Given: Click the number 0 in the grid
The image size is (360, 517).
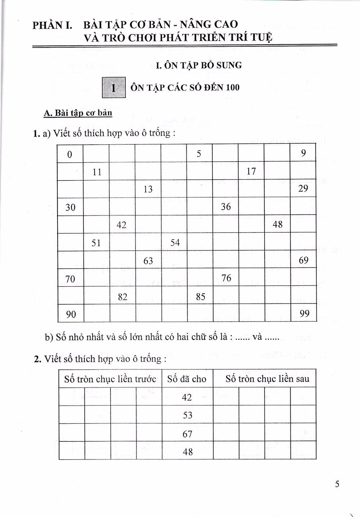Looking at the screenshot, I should tap(69, 154).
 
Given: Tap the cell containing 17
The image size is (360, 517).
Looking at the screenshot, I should tap(251, 171).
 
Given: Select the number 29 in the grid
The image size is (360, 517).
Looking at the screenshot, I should tap(303, 189).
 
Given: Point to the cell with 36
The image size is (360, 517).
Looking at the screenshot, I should tap(226, 207).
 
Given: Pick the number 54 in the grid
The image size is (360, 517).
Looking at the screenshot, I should tap(175, 242).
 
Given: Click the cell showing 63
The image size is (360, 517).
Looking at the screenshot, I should tap(148, 261).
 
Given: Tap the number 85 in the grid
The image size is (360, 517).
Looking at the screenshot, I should tap(201, 296).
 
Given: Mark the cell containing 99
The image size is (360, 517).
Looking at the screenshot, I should tap(304, 314).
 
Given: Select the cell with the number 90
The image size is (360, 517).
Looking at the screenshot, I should tap(71, 314).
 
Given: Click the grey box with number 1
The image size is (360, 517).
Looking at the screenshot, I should tap(114, 87).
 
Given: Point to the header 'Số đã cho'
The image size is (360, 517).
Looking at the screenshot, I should tap(187, 379).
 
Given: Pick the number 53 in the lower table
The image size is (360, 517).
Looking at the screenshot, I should tap(188, 415).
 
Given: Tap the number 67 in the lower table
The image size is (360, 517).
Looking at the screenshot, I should tap(188, 434).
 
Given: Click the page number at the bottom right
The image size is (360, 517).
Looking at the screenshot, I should tap(337, 484).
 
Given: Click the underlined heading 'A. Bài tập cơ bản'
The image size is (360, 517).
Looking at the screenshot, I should tap(78, 113).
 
